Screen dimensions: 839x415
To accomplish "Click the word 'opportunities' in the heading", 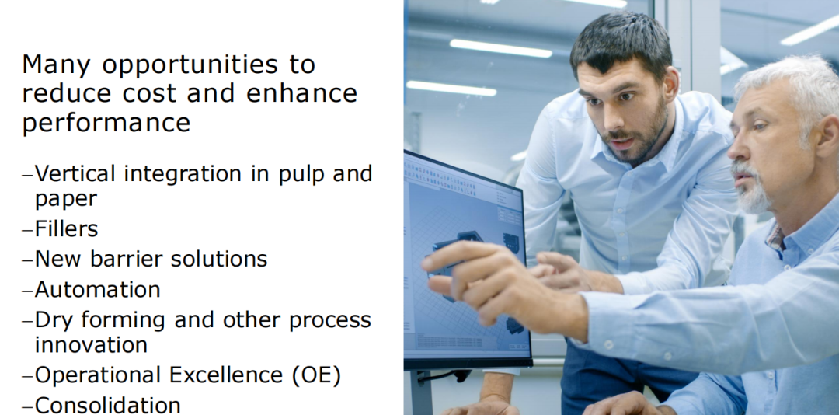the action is pyautogui.click(x=190, y=65).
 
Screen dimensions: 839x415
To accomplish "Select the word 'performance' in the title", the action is pyautogui.click(x=106, y=123).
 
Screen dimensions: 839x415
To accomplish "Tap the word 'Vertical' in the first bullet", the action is pyautogui.click(x=75, y=173).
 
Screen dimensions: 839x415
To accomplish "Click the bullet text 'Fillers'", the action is pyautogui.click(x=66, y=229).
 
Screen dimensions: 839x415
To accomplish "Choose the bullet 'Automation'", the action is pyautogui.click(x=97, y=290).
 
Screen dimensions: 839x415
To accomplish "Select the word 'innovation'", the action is pyautogui.click(x=91, y=344).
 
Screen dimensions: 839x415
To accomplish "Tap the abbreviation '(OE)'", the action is pyautogui.click(x=317, y=375).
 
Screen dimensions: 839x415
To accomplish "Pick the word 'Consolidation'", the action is pyautogui.click(x=107, y=406).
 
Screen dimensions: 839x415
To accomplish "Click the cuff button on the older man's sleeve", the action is pyautogui.click(x=607, y=344).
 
